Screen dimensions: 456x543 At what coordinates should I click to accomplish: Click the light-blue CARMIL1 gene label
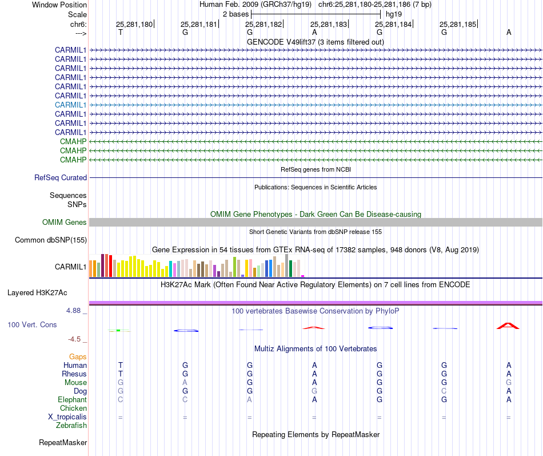pos(71,105)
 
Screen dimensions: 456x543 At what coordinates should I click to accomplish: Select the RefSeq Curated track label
pos(61,178)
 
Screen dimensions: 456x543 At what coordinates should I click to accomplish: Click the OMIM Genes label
pos(65,223)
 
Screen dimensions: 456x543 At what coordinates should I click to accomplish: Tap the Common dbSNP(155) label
pos(51,240)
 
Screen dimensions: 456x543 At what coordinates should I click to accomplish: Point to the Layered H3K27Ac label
pos(37,293)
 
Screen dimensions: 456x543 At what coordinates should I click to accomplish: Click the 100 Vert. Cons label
pos(32,325)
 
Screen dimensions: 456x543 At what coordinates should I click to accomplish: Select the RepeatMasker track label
pos(63,443)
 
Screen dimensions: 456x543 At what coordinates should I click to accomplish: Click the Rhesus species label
pos(74,374)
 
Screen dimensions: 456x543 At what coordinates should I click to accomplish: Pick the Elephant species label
pos(72,400)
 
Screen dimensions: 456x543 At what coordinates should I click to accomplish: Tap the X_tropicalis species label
pos(67,417)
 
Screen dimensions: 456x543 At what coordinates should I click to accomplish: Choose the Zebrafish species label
pos(71,426)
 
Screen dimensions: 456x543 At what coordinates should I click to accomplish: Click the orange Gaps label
pos(78,357)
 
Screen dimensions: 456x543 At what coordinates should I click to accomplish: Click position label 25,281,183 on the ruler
pos(329,25)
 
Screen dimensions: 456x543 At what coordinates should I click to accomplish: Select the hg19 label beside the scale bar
pos(393,14)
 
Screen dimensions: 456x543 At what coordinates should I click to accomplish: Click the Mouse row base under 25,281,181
pos(185,383)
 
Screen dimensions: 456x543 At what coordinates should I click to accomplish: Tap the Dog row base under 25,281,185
pos(444,391)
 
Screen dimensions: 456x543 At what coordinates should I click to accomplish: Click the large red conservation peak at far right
pos(508,326)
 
